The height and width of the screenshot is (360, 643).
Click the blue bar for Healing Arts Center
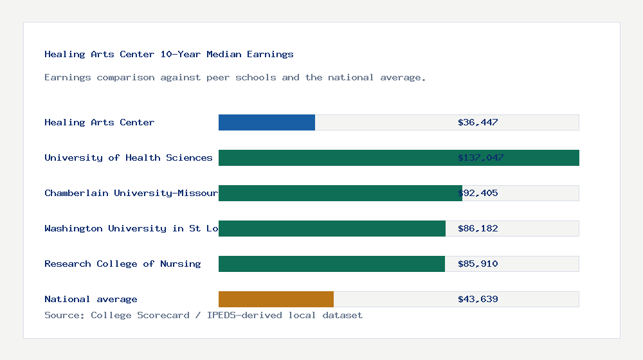click(267, 122)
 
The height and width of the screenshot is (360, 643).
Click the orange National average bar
click(276, 299)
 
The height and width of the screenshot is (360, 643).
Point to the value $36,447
click(478, 122)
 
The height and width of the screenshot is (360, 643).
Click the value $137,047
click(480, 157)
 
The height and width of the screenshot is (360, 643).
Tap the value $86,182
click(478, 228)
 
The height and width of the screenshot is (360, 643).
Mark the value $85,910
click(478, 264)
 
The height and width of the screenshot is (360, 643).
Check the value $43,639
click(478, 299)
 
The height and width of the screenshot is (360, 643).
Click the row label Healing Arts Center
click(99, 122)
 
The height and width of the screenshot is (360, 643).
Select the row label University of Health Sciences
click(128, 157)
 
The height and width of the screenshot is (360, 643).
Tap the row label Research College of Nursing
click(122, 264)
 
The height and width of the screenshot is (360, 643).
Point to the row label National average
click(91, 299)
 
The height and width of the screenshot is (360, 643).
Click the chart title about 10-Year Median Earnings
click(168, 55)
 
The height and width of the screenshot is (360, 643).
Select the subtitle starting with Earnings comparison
click(235, 78)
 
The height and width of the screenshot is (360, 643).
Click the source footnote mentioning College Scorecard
click(203, 315)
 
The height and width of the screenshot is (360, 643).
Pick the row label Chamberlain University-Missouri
click(131, 193)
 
